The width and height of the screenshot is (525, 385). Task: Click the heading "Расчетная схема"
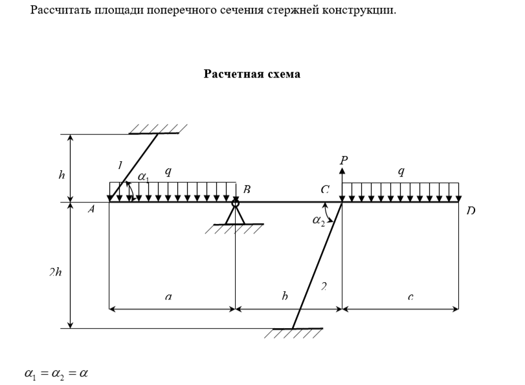(252, 74)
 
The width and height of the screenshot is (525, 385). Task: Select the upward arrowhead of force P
(342, 171)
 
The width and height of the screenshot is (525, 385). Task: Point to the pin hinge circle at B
(236, 203)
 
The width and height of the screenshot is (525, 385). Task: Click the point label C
(325, 190)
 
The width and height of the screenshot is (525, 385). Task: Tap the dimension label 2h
(55, 272)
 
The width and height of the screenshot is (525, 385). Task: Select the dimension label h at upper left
(61, 175)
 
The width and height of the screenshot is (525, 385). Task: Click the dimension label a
(168, 297)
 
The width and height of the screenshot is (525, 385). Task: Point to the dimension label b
(285, 296)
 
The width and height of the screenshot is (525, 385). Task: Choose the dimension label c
(410, 297)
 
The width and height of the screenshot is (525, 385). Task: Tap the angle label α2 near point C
(318, 221)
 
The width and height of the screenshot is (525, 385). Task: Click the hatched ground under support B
(237, 228)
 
